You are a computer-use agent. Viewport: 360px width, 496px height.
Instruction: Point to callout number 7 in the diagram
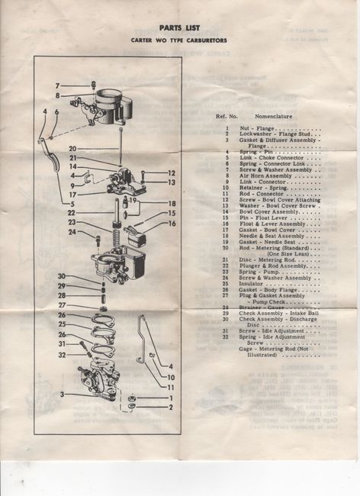tap(56, 85)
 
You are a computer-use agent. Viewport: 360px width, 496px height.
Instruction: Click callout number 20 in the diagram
tap(72, 149)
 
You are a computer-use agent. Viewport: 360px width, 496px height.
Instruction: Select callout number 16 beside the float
tap(172, 224)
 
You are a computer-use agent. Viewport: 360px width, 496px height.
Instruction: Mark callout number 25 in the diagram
tap(62, 324)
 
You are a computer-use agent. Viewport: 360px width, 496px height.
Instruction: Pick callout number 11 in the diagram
tap(171, 388)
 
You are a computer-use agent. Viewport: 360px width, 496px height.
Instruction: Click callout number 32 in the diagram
tap(62, 355)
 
